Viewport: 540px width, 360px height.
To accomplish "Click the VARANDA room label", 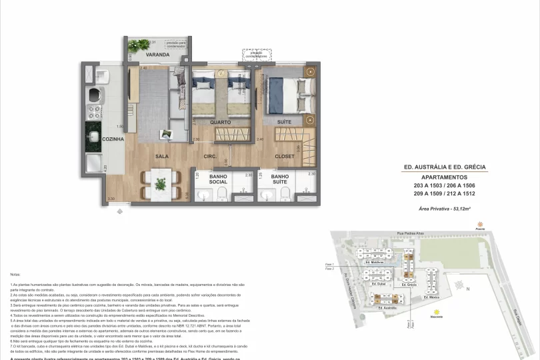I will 158,55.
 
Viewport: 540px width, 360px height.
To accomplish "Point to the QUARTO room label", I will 221,123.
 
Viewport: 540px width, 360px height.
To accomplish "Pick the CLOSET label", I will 286,157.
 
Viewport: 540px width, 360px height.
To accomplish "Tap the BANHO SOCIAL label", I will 218,179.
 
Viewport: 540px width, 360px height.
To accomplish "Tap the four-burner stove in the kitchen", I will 95,109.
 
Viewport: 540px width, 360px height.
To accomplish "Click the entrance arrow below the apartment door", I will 120,211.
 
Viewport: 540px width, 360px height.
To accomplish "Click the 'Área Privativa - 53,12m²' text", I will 445,209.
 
